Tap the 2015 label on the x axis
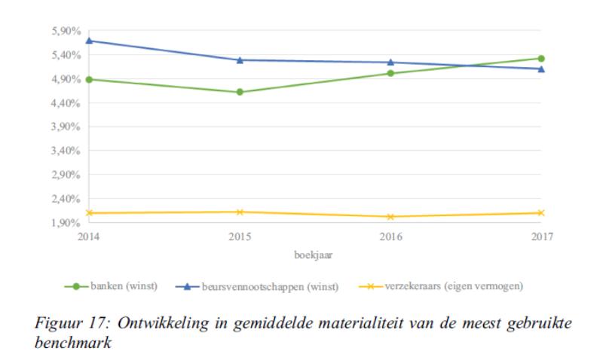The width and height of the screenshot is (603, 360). pyautogui.click(x=240, y=236)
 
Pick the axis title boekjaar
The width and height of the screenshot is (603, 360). pyautogui.click(x=314, y=254)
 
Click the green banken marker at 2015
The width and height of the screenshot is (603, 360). pyautogui.click(x=240, y=92)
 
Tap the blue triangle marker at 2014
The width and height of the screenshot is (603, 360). pyautogui.click(x=89, y=41)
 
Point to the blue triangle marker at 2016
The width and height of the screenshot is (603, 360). pyautogui.click(x=390, y=63)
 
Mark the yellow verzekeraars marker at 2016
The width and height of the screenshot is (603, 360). pyautogui.click(x=390, y=217)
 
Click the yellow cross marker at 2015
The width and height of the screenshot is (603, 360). pyautogui.click(x=240, y=212)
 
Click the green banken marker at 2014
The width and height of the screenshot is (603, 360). pyautogui.click(x=89, y=79)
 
